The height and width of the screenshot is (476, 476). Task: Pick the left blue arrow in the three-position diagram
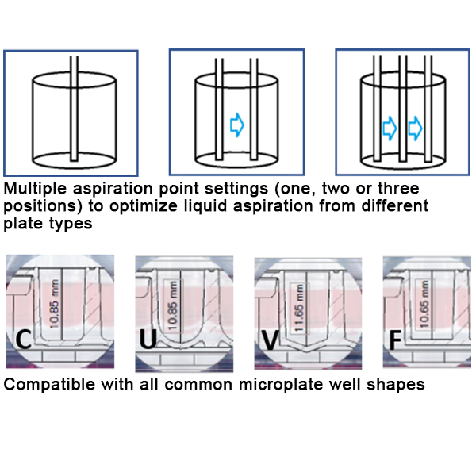tap(389, 126)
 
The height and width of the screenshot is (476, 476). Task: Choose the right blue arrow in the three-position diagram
tap(415, 126)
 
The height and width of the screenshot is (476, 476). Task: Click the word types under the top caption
tap(75, 223)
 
